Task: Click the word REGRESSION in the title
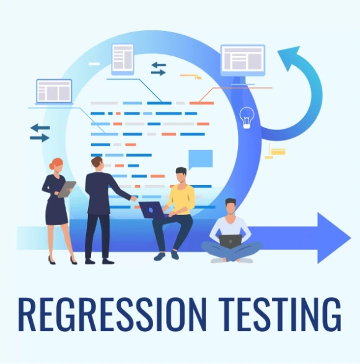point(112,314)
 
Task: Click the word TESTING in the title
point(280,314)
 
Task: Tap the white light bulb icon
point(247,118)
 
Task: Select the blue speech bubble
point(200,159)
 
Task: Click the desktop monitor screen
point(243,59)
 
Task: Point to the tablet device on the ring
point(123,59)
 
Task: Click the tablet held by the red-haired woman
point(67,189)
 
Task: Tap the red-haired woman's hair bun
point(51,166)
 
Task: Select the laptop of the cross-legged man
point(230,241)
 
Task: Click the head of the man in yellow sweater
point(181,175)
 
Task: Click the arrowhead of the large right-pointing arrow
point(332,238)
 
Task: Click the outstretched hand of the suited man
point(134,199)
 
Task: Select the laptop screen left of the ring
point(54,91)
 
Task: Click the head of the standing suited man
point(97,163)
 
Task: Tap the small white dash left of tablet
point(94,64)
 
